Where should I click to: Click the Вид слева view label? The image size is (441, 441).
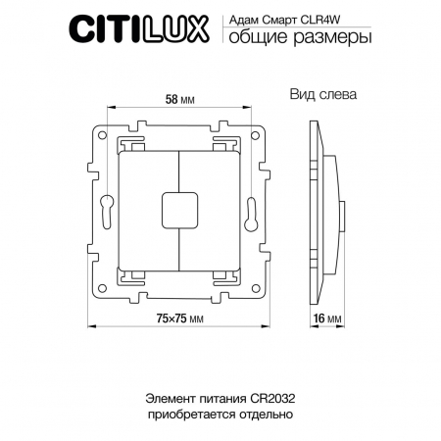click(320, 96)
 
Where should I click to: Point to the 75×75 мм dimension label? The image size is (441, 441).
click(177, 319)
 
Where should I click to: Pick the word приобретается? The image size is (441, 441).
click(196, 416)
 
